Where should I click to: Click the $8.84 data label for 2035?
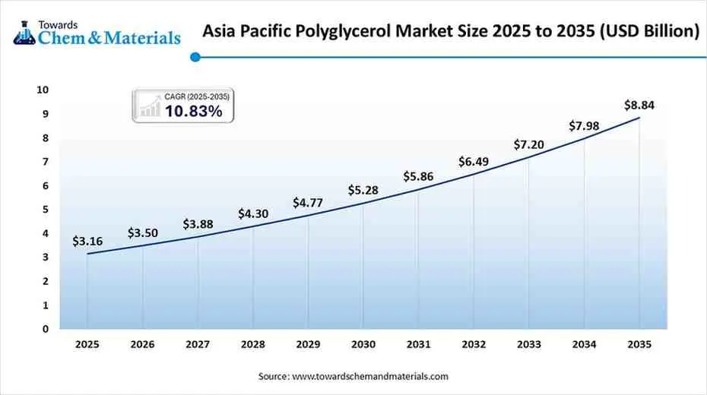point(639,106)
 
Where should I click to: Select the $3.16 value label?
point(87,242)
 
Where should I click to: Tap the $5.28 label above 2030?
point(363,189)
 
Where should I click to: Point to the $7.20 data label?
point(528,144)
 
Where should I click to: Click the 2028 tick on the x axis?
point(252,344)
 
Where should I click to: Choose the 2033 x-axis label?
point(528,344)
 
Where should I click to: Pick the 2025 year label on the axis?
point(87,344)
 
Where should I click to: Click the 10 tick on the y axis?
point(43,90)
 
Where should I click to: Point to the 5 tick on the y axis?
point(45,210)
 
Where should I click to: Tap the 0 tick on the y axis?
point(45,329)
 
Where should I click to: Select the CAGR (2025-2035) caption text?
point(196,96)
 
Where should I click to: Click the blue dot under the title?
point(195,56)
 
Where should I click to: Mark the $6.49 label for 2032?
point(474,162)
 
